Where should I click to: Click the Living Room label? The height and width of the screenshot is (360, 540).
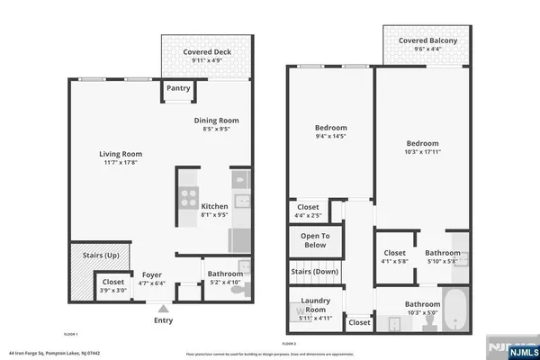coord(120,154)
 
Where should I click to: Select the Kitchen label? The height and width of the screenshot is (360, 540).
coord(214,206)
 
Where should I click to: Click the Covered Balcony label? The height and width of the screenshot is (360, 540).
coord(427,40)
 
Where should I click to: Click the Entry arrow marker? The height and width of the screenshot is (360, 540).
coord(163,308)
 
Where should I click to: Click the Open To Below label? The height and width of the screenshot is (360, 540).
coord(314,239)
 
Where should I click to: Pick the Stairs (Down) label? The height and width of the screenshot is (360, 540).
coord(314,271)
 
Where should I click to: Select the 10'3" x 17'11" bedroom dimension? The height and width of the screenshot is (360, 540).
coord(421,153)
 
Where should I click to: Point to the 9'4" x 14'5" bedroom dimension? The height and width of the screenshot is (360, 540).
coord(330,137)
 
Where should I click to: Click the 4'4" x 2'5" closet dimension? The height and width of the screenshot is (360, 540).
coord(308,216)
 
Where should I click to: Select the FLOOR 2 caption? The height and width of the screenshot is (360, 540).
coord(289,343)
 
